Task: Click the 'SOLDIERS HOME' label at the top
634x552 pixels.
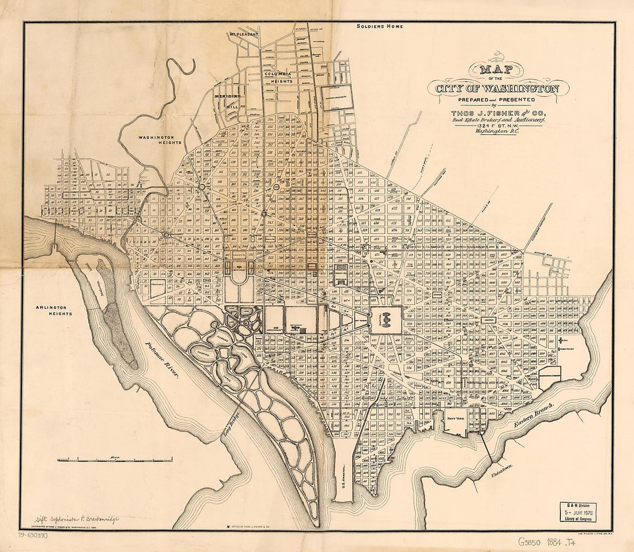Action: click(379, 27)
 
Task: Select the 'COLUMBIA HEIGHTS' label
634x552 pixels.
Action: click(278, 78)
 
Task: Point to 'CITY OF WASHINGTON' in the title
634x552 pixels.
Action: click(497, 89)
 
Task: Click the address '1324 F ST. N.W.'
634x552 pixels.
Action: click(497, 123)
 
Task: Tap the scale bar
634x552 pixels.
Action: click(114, 459)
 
